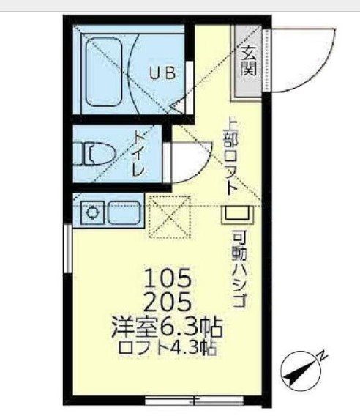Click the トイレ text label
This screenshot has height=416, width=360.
pyautogui.click(x=138, y=154)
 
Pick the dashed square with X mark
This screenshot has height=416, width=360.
pyautogui.click(x=168, y=218)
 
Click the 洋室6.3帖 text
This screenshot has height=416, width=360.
pyautogui.click(x=168, y=324)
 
